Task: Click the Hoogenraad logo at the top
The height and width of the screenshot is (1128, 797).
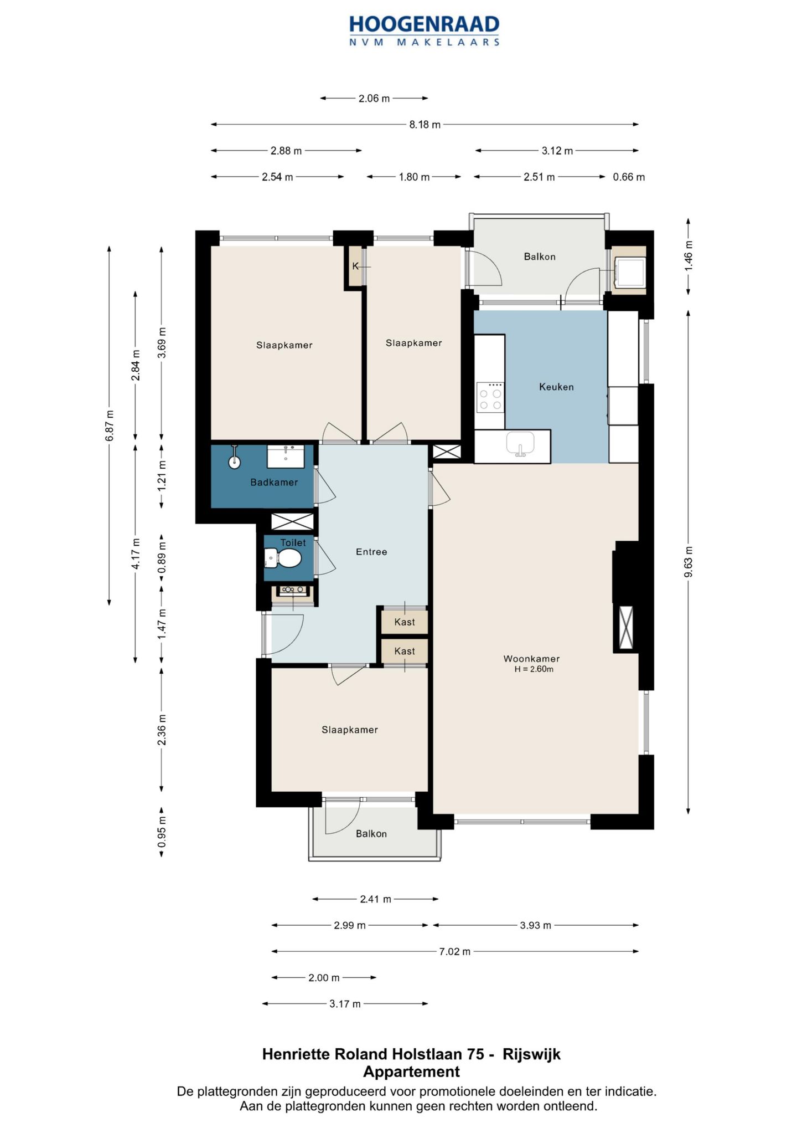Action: (425, 30)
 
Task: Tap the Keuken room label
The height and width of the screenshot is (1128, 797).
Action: (556, 387)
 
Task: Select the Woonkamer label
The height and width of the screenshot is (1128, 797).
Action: (531, 659)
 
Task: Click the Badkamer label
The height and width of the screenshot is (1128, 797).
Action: (274, 483)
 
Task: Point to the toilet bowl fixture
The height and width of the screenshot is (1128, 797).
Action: (283, 558)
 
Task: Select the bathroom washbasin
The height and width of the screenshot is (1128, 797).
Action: (286, 457)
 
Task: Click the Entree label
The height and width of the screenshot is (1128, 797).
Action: (371, 552)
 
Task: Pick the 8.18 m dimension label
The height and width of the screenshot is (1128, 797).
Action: (425, 125)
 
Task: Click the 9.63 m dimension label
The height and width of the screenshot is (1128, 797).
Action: (689, 562)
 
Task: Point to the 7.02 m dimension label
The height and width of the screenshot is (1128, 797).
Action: (455, 951)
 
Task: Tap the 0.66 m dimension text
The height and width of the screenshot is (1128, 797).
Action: (629, 177)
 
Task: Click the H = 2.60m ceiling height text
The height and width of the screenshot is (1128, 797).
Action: (534, 669)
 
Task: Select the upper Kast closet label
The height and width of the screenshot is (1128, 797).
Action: (405, 622)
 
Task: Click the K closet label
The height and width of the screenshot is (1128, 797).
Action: (355, 266)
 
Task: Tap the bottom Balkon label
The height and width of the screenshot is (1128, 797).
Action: (371, 834)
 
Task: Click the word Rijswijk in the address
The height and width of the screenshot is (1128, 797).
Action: (531, 1054)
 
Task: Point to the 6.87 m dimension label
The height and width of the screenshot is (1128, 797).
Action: (110, 425)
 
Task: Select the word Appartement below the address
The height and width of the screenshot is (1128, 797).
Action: (411, 1072)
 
